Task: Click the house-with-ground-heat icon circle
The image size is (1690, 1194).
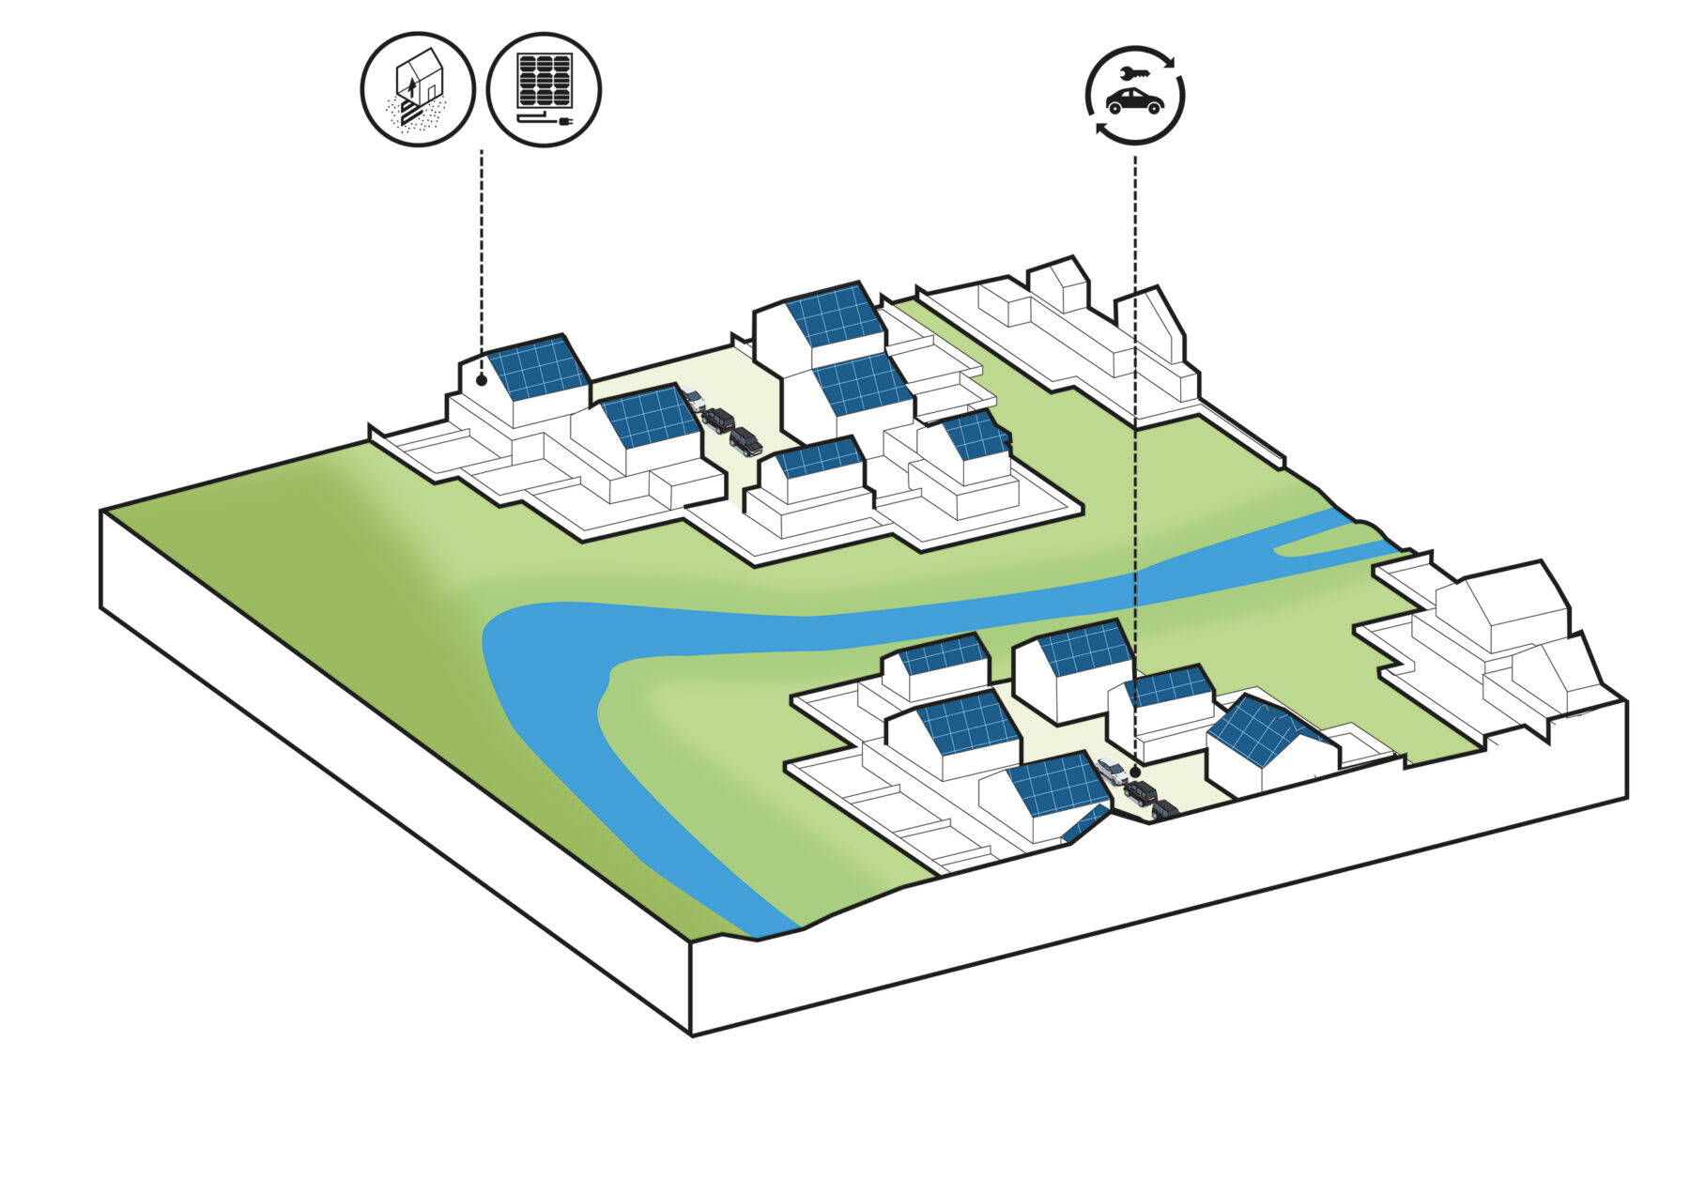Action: [418, 90]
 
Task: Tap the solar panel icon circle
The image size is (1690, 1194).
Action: [545, 90]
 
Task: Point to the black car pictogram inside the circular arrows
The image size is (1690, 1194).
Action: [1135, 101]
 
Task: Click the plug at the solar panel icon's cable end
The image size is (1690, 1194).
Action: [565, 122]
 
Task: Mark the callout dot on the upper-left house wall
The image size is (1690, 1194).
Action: [481, 380]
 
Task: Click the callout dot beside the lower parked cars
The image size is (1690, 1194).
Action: [1135, 771]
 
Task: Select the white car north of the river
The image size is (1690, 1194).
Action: [693, 399]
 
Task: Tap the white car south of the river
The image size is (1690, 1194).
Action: [1113, 770]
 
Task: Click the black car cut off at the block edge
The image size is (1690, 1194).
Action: [1164, 809]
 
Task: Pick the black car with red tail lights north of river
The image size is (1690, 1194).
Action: [719, 420]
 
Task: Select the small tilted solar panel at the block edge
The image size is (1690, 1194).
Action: [1084, 823]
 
